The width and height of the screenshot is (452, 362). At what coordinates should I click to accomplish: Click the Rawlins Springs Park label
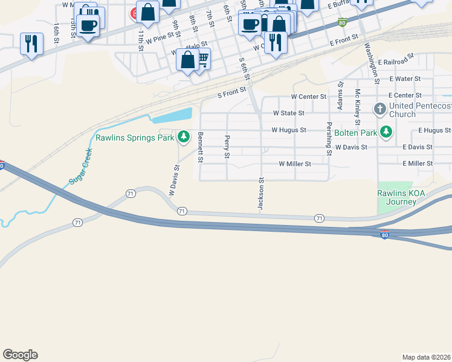[134, 138]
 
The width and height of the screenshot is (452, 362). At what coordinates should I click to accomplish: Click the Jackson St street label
[262, 194]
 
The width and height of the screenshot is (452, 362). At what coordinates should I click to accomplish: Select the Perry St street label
[227, 147]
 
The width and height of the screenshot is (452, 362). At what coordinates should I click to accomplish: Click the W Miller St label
[294, 164]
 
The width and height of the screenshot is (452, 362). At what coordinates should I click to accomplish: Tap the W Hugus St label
[289, 130]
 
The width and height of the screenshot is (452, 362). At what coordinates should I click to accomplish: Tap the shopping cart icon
[202, 59]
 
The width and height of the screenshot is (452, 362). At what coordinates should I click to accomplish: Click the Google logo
[20, 355]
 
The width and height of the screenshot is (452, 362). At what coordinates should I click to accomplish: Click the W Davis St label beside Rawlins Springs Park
[175, 181]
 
